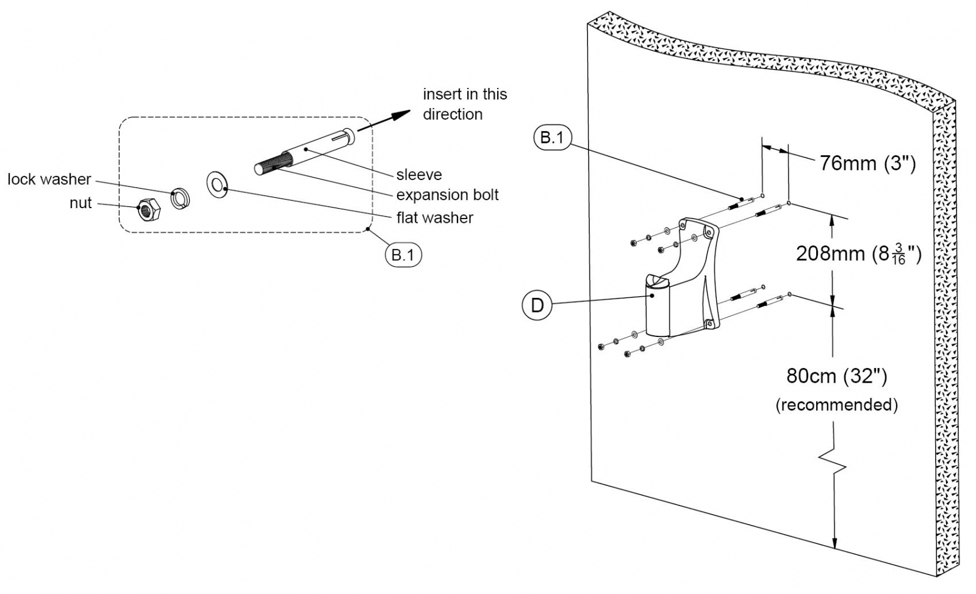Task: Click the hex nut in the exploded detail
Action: (147, 210)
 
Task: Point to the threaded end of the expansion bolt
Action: (268, 165)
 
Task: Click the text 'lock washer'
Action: (49, 179)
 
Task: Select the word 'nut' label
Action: (81, 203)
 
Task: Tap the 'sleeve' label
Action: (419, 175)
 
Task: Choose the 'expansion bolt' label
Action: (447, 195)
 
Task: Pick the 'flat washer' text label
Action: (435, 218)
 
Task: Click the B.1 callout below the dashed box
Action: (403, 255)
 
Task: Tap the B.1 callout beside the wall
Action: (552, 138)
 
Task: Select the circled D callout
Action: (537, 305)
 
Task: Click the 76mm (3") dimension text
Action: (867, 164)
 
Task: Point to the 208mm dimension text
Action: (858, 254)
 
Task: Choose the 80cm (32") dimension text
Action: (836, 376)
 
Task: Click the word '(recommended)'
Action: (836, 405)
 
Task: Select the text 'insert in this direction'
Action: (465, 104)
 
